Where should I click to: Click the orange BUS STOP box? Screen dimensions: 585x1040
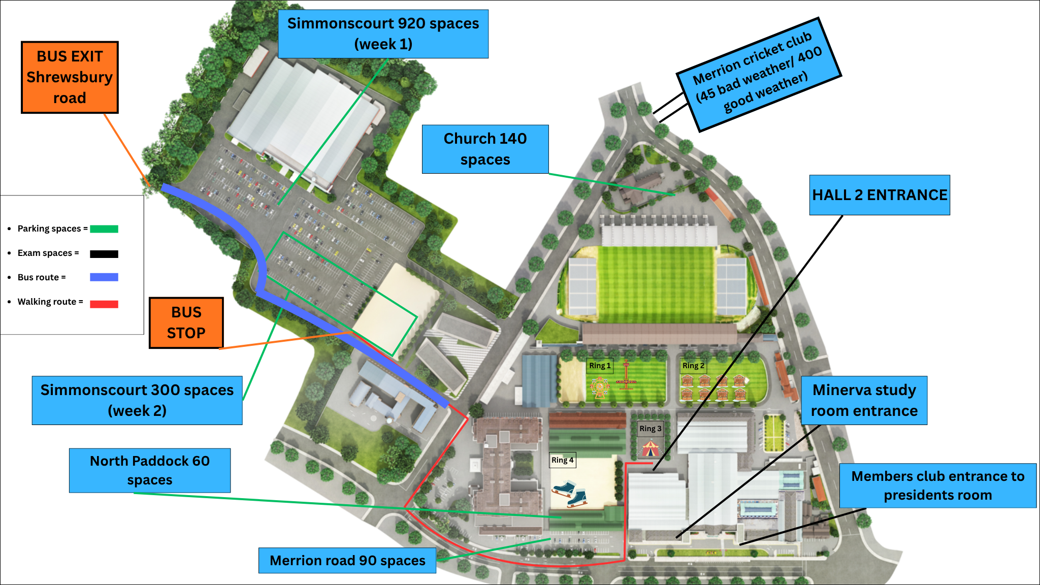186,323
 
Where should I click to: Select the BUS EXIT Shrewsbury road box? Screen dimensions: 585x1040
70,77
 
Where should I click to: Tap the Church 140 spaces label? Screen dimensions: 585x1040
485,149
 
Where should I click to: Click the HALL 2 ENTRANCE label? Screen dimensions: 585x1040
880,195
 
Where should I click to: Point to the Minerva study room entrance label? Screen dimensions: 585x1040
864,400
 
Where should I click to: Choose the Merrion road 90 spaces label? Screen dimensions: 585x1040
347,560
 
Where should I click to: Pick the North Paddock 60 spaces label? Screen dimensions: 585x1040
150,470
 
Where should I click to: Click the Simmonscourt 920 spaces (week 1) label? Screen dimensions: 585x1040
383,34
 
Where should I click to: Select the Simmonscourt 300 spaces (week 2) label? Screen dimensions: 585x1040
137,400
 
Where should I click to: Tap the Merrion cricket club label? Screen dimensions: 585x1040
759,74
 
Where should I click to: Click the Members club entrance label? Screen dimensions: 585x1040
937,485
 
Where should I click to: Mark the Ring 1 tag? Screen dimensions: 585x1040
600,366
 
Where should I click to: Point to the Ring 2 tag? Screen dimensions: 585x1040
693,366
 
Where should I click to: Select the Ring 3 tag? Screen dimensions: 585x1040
650,429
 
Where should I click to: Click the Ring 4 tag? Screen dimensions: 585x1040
562,460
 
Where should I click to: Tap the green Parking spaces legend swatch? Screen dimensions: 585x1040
104,229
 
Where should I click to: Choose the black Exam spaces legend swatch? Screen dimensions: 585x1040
104,254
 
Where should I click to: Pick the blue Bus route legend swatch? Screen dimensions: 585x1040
104,277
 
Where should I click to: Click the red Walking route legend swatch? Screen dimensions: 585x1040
104,304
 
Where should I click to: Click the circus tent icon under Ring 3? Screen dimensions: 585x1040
650,448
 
